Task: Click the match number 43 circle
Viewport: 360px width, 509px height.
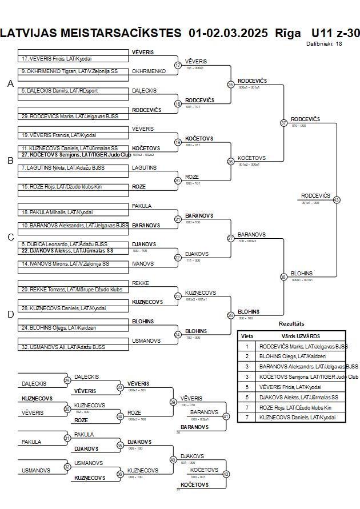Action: point(337,200)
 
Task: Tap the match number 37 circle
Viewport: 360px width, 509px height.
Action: point(283,123)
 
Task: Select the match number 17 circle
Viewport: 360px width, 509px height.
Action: point(178,65)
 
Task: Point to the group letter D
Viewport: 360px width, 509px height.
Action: point(10,314)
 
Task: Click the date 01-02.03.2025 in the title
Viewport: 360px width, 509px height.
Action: point(228,33)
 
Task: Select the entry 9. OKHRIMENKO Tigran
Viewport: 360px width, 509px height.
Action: point(69,71)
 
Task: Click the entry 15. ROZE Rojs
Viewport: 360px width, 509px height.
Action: point(61,187)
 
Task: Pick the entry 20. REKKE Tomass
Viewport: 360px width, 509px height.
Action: point(71,290)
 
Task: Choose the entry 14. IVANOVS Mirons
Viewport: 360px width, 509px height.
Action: point(65,264)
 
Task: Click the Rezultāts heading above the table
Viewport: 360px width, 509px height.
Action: point(291,324)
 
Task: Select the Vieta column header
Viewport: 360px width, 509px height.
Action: point(247,336)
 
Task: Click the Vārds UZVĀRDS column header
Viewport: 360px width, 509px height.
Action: point(301,336)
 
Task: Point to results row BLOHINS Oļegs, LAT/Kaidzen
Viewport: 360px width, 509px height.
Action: point(292,356)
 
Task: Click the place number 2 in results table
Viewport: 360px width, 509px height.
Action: point(247,356)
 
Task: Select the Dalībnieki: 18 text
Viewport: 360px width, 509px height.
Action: point(324,43)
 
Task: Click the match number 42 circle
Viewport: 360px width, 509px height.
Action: point(226,474)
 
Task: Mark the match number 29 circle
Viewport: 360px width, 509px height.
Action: point(67,380)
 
